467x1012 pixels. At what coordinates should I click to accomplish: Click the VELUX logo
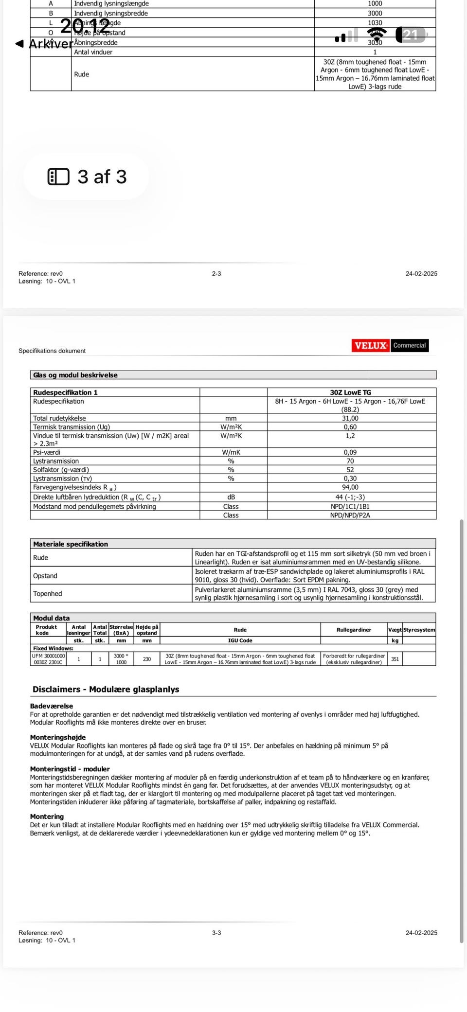pyautogui.click(x=371, y=345)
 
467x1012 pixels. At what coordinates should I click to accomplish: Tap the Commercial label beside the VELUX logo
pyautogui.click(x=409, y=345)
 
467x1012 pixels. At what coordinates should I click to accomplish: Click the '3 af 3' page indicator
pyautogui.click(x=87, y=177)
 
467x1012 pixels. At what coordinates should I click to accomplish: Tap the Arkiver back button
pyautogui.click(x=45, y=44)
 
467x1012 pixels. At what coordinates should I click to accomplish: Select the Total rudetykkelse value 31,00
pyautogui.click(x=350, y=418)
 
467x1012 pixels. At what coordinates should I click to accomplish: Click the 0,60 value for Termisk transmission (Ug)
pyautogui.click(x=350, y=427)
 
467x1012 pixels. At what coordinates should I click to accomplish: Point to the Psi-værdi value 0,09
pyautogui.click(x=350, y=452)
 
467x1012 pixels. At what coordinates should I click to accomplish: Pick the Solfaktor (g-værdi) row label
pyautogui.click(x=61, y=470)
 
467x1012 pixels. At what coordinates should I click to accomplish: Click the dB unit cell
pyautogui.click(x=231, y=497)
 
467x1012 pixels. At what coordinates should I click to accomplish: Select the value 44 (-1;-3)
pyautogui.click(x=350, y=497)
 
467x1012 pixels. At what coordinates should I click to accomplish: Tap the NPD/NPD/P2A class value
pyautogui.click(x=350, y=515)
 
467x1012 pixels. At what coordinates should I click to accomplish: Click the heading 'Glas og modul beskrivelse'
pyautogui.click(x=75, y=375)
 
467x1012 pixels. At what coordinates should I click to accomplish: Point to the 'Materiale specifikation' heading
pyautogui.click(x=71, y=544)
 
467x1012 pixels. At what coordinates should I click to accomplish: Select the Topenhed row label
pyautogui.click(x=48, y=593)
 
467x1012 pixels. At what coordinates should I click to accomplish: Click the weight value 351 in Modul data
pyautogui.click(x=395, y=659)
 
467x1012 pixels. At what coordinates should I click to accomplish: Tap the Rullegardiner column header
pyautogui.click(x=354, y=630)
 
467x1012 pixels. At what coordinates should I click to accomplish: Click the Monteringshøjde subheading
pyautogui.click(x=58, y=737)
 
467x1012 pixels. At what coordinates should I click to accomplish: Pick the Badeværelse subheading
pyautogui.click(x=52, y=706)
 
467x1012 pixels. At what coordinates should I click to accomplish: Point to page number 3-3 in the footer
pyautogui.click(x=216, y=933)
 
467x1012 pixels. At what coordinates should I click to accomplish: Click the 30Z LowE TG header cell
pyautogui.click(x=350, y=392)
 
